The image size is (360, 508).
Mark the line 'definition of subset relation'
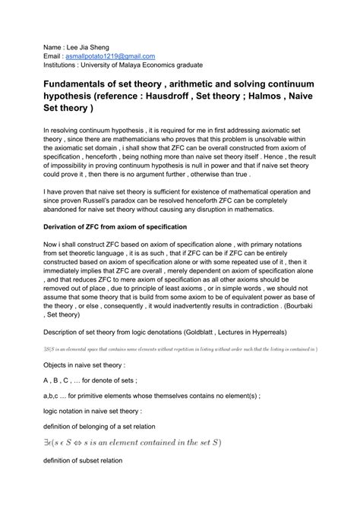93,460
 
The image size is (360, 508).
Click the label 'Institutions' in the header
63,66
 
